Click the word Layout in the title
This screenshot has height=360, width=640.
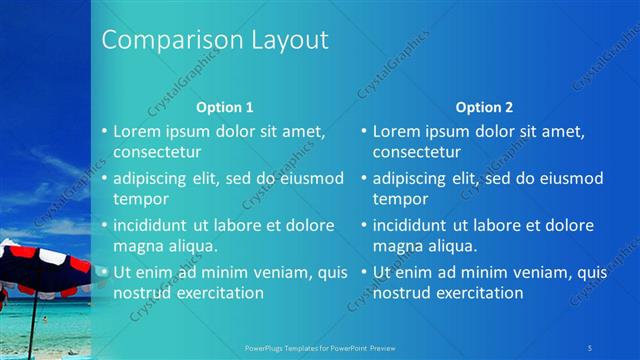284,41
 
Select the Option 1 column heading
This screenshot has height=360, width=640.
225,107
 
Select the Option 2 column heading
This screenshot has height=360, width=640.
484,107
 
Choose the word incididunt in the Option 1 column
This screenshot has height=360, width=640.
154,225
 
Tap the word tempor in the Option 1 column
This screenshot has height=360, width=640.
141,199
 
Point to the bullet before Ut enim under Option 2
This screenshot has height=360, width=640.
364,272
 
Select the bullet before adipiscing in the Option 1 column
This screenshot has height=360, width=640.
104,179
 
